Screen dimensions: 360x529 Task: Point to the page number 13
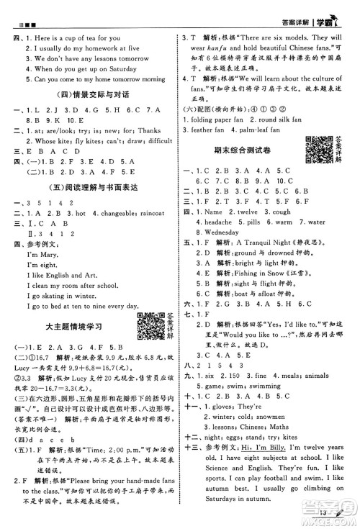tap(319, 512)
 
